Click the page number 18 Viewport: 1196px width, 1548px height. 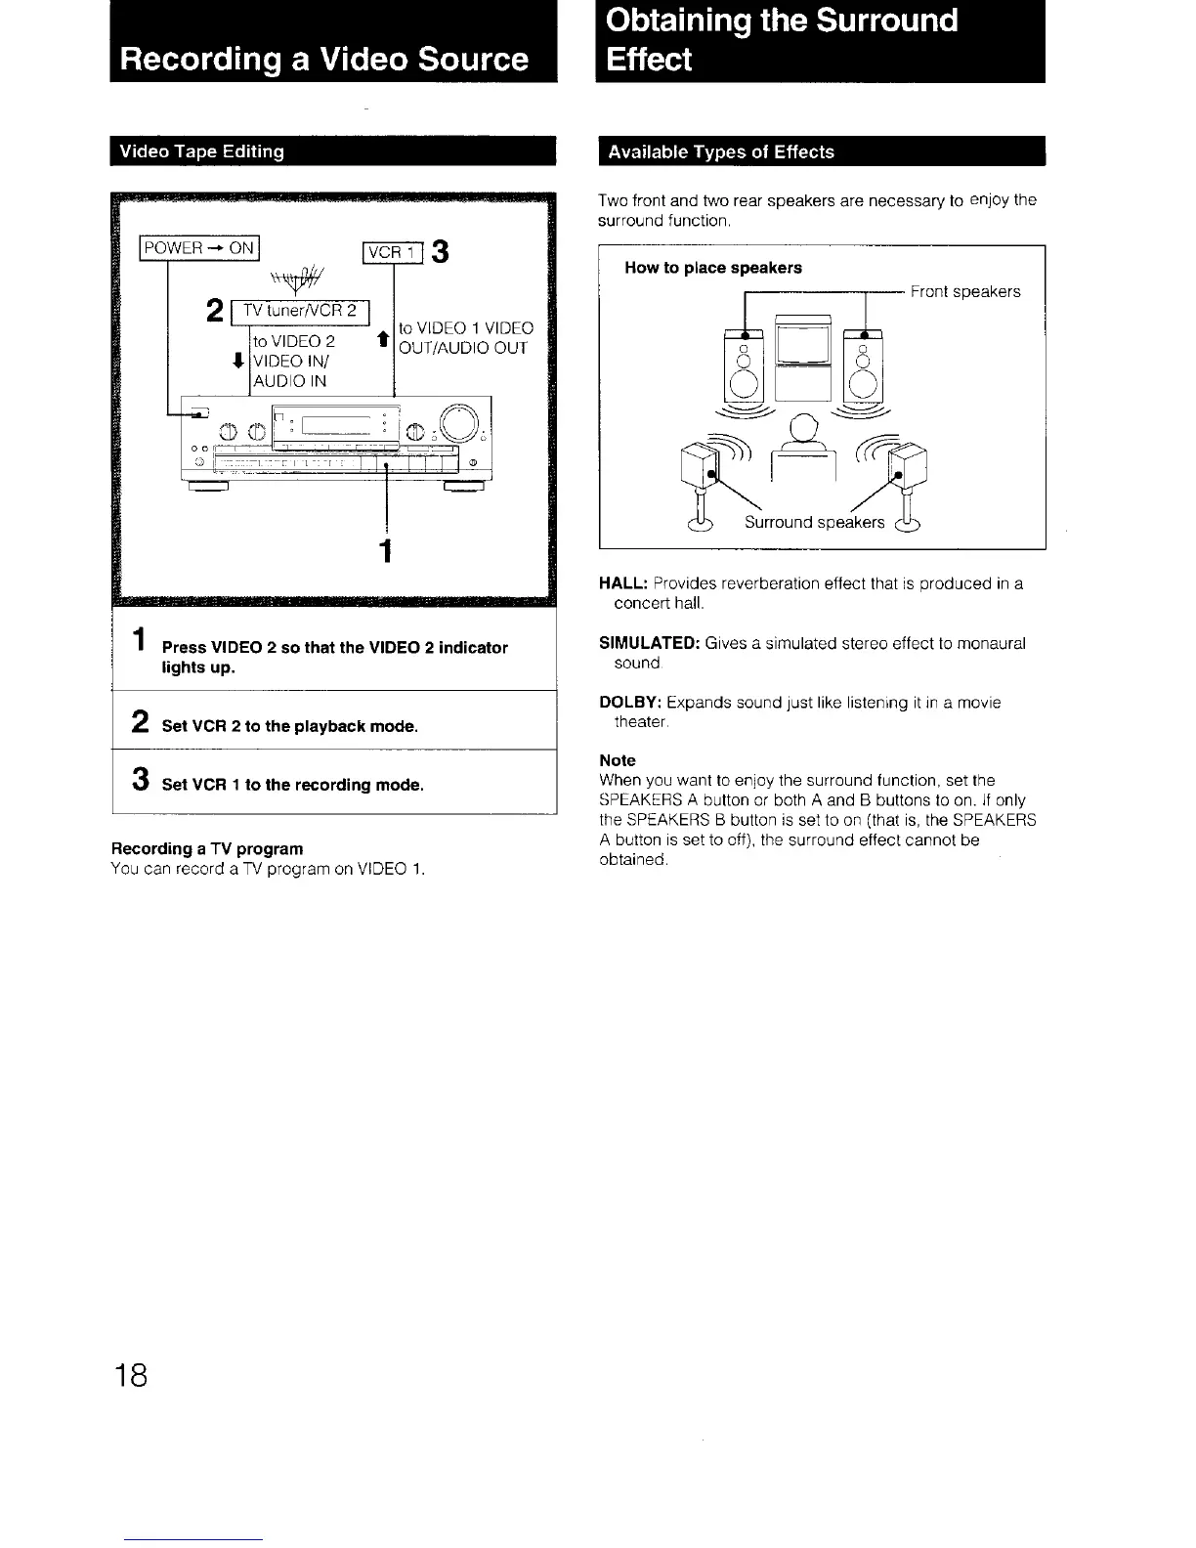tap(130, 1376)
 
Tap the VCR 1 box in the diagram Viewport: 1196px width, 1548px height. tap(392, 252)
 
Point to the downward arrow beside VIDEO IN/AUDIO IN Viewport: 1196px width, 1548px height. tap(239, 361)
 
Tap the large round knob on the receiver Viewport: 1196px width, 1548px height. tap(458, 422)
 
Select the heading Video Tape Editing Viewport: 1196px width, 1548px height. tap(202, 151)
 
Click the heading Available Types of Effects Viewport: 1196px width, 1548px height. tap(721, 152)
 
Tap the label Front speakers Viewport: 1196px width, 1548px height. tap(965, 292)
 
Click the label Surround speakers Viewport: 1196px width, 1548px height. tap(814, 523)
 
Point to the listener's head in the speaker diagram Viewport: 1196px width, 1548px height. tap(803, 428)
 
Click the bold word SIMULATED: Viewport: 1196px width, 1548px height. tap(649, 644)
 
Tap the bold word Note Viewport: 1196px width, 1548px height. tap(618, 760)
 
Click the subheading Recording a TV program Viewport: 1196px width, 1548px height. tap(207, 849)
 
